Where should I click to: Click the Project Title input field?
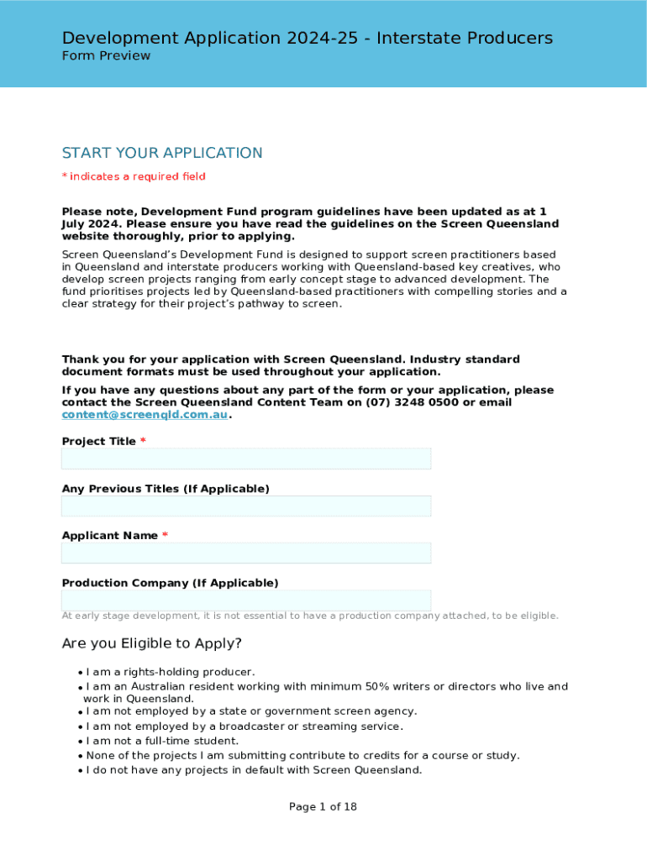pyautogui.click(x=246, y=459)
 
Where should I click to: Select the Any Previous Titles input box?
pyautogui.click(x=246, y=506)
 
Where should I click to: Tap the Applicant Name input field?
pyautogui.click(x=246, y=553)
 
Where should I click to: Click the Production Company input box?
pyautogui.click(x=246, y=600)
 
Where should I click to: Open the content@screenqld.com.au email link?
pyautogui.click(x=145, y=415)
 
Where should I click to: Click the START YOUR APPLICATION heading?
pyautogui.click(x=162, y=153)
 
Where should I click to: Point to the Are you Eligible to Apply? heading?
pyautogui.click(x=152, y=644)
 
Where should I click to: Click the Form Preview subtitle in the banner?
pyautogui.click(x=107, y=56)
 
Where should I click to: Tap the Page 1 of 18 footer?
pyautogui.click(x=323, y=807)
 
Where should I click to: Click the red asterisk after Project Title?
pyautogui.click(x=143, y=441)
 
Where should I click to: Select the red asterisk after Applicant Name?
pyautogui.click(x=165, y=535)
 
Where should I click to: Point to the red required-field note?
pyautogui.click(x=134, y=176)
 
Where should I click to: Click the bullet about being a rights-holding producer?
pyautogui.click(x=171, y=672)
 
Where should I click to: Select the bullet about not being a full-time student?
pyautogui.click(x=162, y=741)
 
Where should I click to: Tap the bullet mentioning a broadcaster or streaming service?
pyautogui.click(x=245, y=726)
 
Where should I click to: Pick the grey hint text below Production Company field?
pyautogui.click(x=310, y=616)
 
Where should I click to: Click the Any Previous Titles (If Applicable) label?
pyautogui.click(x=166, y=488)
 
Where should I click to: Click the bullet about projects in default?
pyautogui.click(x=254, y=769)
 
